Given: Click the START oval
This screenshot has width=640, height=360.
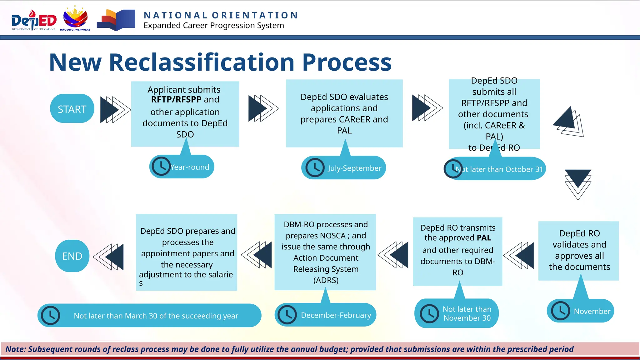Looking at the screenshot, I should [72, 109].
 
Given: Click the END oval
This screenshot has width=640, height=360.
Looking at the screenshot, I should [72, 256].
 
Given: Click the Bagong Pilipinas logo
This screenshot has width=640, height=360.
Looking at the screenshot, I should [75, 19].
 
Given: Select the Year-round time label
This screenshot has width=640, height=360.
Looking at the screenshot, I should [190, 167].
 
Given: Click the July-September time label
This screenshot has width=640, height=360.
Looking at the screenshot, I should [354, 168].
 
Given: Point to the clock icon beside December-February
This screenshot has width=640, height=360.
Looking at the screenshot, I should [287, 315].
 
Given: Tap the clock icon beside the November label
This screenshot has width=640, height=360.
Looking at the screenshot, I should [560, 311].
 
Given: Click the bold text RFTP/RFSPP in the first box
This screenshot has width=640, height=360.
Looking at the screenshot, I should [176, 100].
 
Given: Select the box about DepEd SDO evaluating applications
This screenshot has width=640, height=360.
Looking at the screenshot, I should [344, 113].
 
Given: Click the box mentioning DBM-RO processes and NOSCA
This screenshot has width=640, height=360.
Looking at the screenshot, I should [325, 252].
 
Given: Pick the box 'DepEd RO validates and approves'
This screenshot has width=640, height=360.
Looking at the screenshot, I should [578, 250].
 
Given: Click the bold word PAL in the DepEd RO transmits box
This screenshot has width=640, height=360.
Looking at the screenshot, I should [484, 238].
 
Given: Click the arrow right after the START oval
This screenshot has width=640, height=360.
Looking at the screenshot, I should [114, 109].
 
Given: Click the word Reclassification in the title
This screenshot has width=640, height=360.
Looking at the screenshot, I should [201, 62].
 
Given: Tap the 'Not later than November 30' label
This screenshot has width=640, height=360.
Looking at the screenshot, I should [467, 313].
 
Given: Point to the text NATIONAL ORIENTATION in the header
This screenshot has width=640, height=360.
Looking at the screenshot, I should [221, 15].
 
